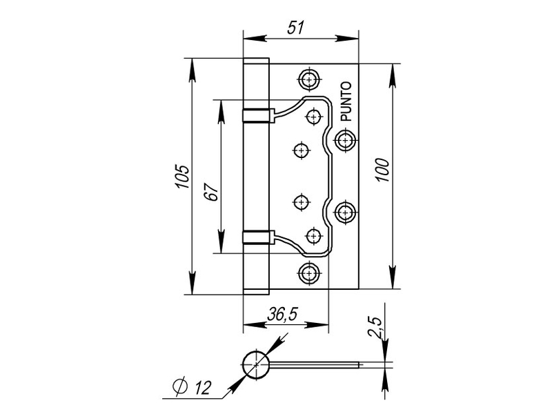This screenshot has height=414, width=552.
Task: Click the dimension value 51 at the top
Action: click(x=296, y=27)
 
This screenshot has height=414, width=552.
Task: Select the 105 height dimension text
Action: click(x=182, y=176)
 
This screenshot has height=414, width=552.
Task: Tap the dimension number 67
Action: click(x=212, y=192)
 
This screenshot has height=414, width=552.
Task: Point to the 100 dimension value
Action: click(x=382, y=170)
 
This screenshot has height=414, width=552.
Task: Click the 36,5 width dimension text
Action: click(x=282, y=315)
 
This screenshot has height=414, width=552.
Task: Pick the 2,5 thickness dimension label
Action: click(x=375, y=327)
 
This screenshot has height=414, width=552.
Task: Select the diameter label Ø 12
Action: click(x=193, y=386)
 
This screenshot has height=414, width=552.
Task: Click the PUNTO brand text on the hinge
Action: click(x=346, y=101)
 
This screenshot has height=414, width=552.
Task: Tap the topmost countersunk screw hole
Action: click(x=309, y=80)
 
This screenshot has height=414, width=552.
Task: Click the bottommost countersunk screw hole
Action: click(x=309, y=273)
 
